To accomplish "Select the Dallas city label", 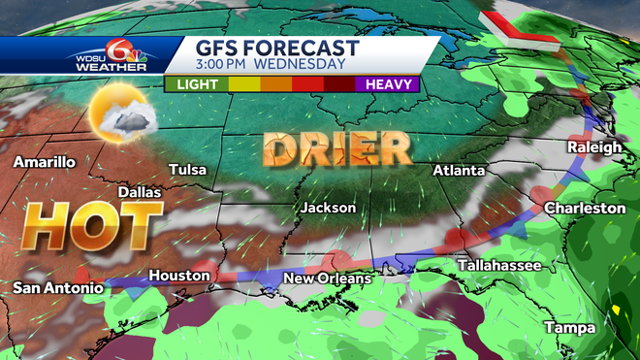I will [x=140, y=192].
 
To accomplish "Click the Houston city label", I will [x=179, y=276].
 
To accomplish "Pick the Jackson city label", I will [x=328, y=208].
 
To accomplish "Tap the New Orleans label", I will [x=327, y=279].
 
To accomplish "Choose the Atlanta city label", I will [x=459, y=170].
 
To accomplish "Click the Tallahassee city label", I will [x=496, y=265].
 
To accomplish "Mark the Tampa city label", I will [x=569, y=327].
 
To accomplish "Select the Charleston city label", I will [x=585, y=208].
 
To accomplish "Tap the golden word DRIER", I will [x=336, y=149].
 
